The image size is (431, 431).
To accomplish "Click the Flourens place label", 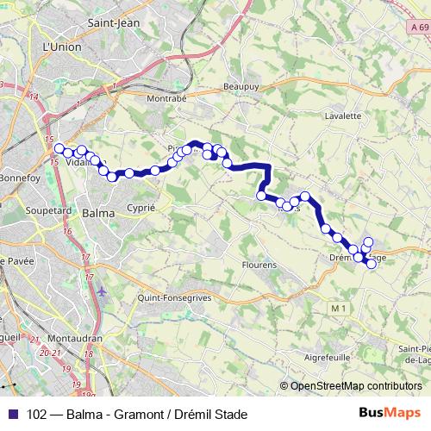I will point(259,265).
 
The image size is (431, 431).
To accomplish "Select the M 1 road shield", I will point(339,307).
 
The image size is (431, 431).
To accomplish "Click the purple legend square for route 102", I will point(11,414).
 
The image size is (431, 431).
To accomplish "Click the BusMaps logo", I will point(396,413).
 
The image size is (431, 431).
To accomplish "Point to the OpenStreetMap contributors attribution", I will point(356,386).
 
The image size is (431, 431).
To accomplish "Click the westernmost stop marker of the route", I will point(59,148).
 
